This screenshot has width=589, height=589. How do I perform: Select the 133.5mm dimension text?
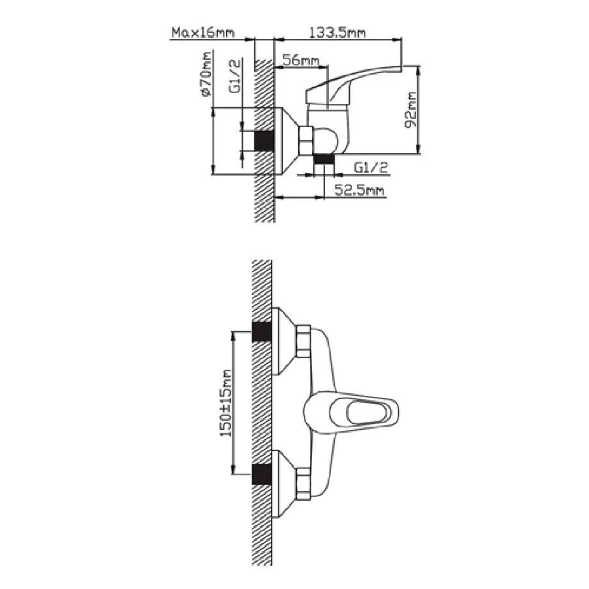[x=337, y=32]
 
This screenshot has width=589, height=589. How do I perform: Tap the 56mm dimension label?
[x=300, y=60]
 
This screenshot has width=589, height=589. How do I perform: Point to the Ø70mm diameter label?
[x=206, y=74]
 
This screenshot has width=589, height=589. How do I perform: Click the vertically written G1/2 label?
[x=234, y=76]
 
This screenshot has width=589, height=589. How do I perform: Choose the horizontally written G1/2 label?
[x=371, y=168]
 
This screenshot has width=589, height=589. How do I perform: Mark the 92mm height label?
[x=410, y=110]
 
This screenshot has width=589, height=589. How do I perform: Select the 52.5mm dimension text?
[x=359, y=190]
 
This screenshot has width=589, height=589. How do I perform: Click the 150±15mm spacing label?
[x=226, y=403]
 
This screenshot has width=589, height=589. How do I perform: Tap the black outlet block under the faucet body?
[x=324, y=159]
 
